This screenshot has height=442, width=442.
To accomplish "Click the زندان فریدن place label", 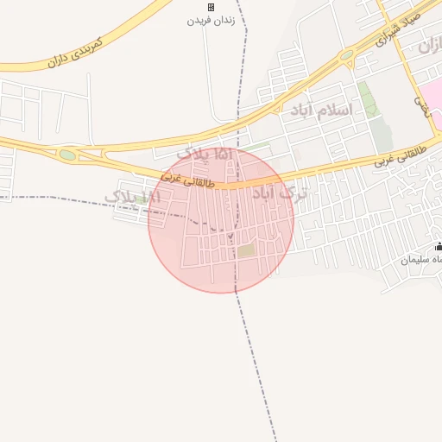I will pos(210,19).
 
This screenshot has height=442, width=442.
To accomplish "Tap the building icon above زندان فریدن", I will pos(211,7).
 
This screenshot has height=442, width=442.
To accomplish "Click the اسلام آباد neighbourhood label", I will pos(321,110).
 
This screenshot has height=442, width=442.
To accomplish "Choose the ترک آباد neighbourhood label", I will pos(278,193).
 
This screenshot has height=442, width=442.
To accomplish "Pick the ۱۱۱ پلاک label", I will pos(132,198).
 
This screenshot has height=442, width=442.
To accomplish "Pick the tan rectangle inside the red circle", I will pos(248,250).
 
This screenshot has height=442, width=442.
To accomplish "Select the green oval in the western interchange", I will pos(67,155).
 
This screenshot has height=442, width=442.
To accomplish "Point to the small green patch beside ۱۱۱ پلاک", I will pos(142,200).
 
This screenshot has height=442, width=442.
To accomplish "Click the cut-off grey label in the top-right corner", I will pos(429,44).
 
